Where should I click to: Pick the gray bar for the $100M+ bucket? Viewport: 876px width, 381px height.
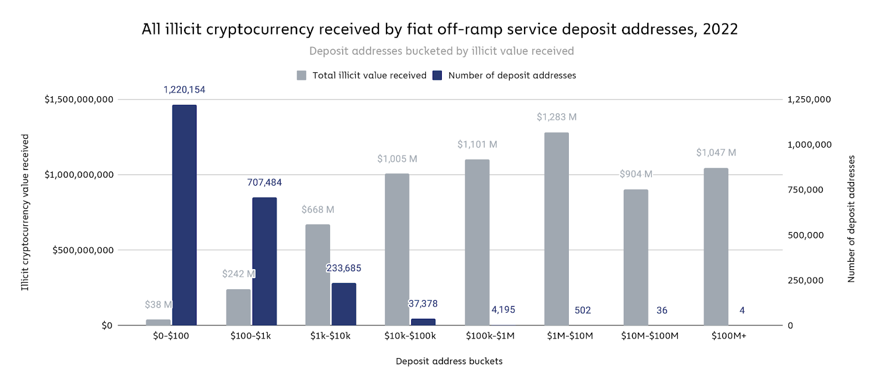[716, 247]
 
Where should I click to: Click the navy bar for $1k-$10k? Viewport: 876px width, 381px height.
[344, 304]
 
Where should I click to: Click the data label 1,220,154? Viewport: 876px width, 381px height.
[184, 90]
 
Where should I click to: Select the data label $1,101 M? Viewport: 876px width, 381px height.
[477, 144]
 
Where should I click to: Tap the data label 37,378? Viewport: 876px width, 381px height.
[423, 304]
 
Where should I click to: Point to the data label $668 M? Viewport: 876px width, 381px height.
[318, 209]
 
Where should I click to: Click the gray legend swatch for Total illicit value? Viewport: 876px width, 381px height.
[302, 75]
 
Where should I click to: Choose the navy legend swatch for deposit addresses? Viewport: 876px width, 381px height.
[437, 75]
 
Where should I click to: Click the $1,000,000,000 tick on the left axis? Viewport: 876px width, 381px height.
[79, 174]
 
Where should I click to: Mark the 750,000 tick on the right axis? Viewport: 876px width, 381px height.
[805, 190]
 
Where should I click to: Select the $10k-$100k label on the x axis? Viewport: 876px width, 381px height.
[410, 336]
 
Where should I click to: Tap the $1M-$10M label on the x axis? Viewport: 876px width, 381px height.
[570, 336]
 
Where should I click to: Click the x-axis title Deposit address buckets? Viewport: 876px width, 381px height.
[449, 361]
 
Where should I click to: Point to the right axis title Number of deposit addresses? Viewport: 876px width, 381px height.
[851, 219]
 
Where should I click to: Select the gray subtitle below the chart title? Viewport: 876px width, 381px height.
[441, 51]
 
